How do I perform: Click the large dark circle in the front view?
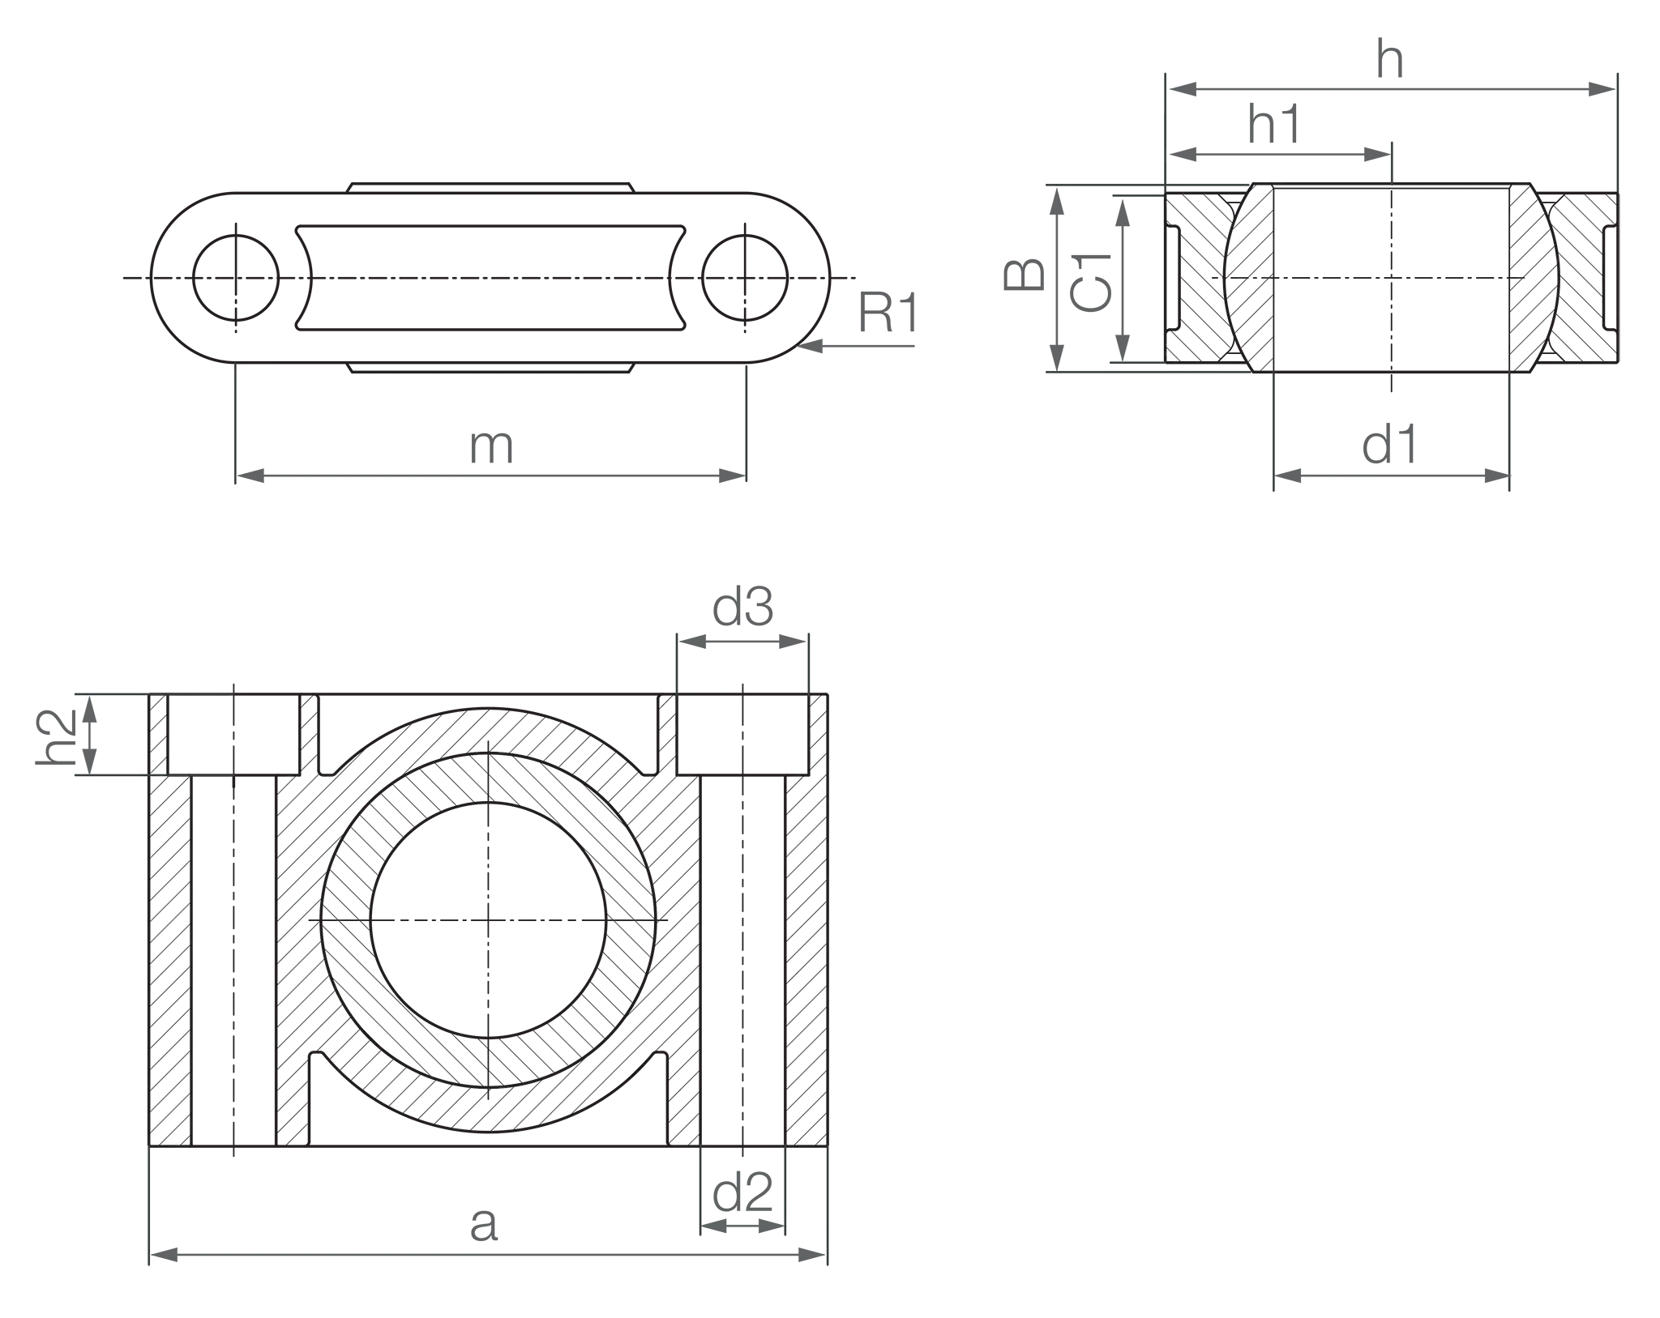click(x=489, y=920)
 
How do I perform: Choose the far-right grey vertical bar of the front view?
click(x=807, y=956)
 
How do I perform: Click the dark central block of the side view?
click(x=1390, y=284)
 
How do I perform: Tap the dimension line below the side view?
click(x=1390, y=479)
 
